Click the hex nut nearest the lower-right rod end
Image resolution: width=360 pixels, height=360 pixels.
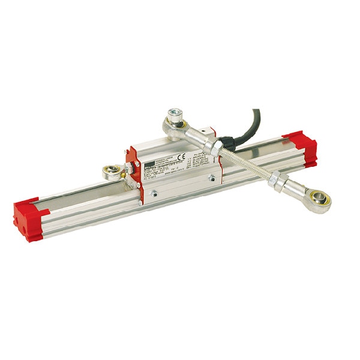pyautogui.click(x=277, y=179)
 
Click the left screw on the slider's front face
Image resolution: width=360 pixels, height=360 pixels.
pyautogui.click(x=154, y=193)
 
